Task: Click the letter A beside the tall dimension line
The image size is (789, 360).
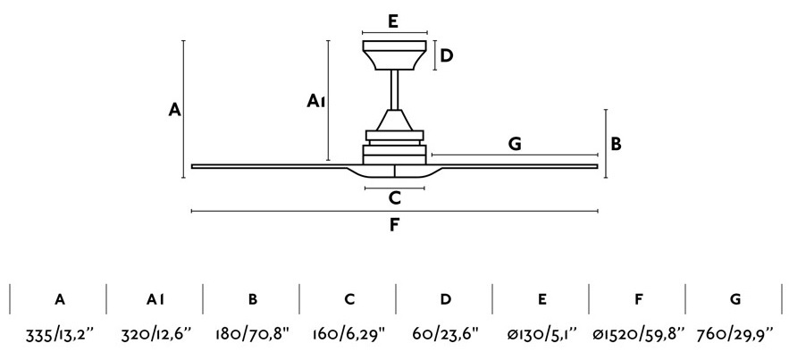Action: [x=174, y=109]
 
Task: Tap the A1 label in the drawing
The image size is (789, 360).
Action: [x=316, y=102]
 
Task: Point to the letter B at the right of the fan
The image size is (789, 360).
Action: [x=617, y=144]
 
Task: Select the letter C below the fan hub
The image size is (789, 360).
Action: [x=395, y=198]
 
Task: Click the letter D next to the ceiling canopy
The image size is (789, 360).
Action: [x=447, y=55]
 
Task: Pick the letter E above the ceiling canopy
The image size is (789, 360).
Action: [x=393, y=21]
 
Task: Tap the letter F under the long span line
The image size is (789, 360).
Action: [x=394, y=225]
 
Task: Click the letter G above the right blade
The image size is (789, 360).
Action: [x=515, y=144]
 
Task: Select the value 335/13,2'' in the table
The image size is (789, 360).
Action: [x=60, y=333]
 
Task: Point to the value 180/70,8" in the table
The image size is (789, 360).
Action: [x=253, y=333]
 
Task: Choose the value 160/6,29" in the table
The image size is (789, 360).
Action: [x=349, y=333]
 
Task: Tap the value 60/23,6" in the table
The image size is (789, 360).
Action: [x=445, y=333]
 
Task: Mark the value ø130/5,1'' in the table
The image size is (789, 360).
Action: [x=541, y=333]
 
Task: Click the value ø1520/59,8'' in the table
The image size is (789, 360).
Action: [x=639, y=333]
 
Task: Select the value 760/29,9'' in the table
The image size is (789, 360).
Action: [x=735, y=333]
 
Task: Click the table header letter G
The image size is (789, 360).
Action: [x=735, y=299]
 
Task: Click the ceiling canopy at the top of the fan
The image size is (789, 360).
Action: [x=395, y=54]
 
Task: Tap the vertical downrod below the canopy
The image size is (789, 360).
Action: [x=395, y=89]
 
